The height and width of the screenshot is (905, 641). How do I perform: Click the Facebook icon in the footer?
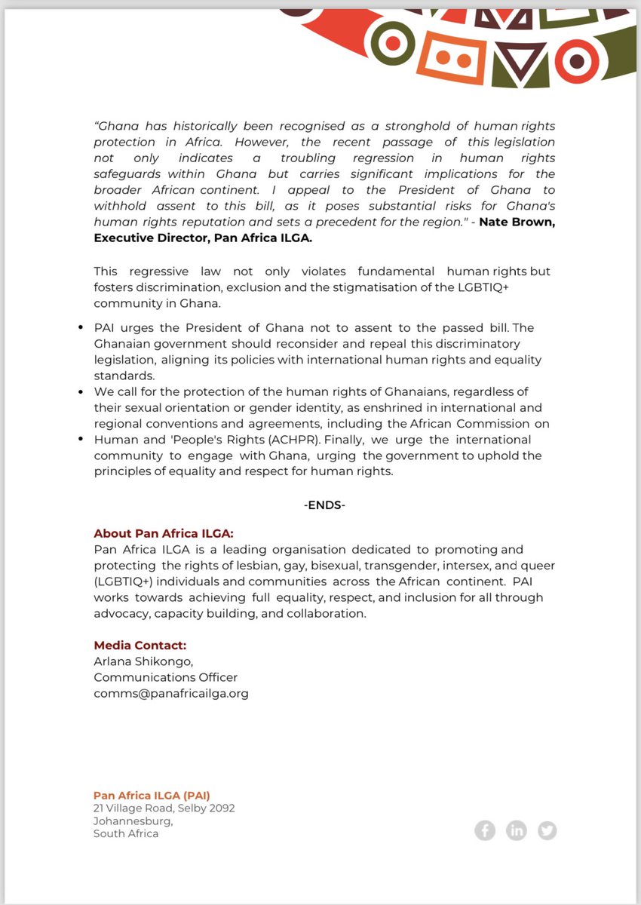pos(485,830)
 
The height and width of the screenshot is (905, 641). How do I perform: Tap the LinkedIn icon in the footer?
pos(517,830)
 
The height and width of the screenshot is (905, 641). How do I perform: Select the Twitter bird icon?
pos(547,830)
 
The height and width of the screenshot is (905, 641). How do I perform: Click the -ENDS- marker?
pos(324,505)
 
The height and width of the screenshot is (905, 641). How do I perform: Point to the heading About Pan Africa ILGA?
pos(164,534)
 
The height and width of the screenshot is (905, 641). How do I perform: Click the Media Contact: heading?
pos(140,646)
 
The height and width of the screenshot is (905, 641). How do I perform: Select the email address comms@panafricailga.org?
pos(171,692)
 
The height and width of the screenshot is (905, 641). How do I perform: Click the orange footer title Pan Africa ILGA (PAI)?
pos(152,795)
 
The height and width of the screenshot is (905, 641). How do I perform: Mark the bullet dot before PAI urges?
pos(81,328)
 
